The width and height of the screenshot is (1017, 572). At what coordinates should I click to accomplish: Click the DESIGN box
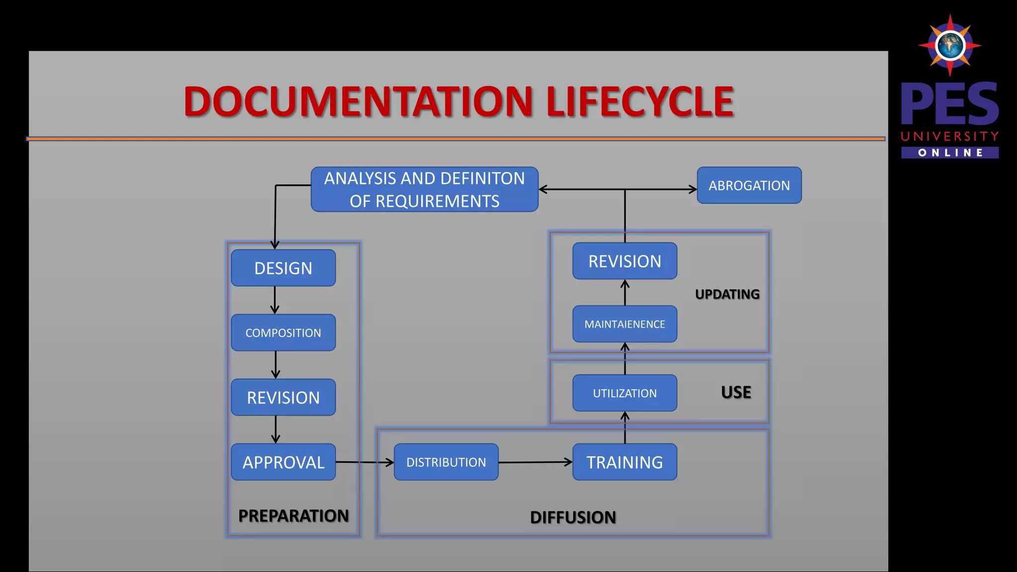click(x=283, y=268)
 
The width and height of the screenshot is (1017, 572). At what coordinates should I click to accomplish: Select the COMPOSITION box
click(x=283, y=333)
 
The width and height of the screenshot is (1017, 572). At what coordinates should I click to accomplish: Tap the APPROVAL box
click(x=283, y=462)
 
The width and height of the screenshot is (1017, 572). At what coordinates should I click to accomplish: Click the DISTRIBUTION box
click(x=446, y=462)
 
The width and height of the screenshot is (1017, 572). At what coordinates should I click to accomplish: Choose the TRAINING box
click(x=625, y=462)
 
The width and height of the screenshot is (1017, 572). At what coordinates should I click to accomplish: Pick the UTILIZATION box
click(x=625, y=393)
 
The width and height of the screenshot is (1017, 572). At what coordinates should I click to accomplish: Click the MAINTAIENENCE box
click(x=625, y=324)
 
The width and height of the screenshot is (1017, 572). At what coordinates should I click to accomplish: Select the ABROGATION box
click(x=749, y=185)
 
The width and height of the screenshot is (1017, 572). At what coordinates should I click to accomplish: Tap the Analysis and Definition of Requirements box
click(x=425, y=189)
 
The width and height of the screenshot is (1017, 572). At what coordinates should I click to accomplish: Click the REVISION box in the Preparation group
click(x=283, y=398)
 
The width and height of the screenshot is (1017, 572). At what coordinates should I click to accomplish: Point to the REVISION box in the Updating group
click(x=625, y=261)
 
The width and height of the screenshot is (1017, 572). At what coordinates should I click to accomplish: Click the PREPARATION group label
click(x=293, y=516)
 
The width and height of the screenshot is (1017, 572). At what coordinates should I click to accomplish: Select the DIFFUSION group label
click(x=573, y=517)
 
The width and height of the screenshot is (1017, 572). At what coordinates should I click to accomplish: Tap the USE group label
click(x=736, y=392)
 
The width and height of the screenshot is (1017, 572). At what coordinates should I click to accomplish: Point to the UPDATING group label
click(x=727, y=294)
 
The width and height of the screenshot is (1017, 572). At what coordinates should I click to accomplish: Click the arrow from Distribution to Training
click(x=535, y=462)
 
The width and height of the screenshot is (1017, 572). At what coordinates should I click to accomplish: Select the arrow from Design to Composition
click(x=275, y=300)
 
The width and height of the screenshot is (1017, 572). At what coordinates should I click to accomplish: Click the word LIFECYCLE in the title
click(x=640, y=102)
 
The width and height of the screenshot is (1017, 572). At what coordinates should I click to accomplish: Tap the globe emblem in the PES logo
click(x=950, y=46)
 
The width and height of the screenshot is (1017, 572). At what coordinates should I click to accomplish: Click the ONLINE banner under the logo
click(x=950, y=152)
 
